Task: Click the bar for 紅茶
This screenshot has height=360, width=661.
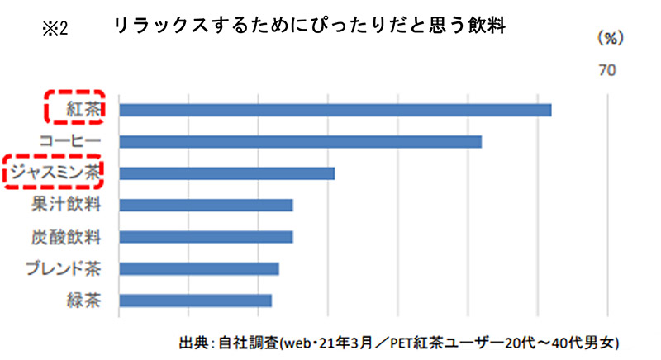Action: pyautogui.click(x=335, y=110)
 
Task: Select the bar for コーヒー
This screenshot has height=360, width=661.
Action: pyautogui.click(x=300, y=141)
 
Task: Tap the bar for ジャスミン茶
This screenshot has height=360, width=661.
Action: pyautogui.click(x=226, y=173)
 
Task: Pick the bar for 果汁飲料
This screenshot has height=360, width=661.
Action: pyautogui.click(x=206, y=205)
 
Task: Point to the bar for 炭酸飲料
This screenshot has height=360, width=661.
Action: pyautogui.click(x=206, y=237)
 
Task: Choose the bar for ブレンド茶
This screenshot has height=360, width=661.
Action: pyautogui.click(x=199, y=268)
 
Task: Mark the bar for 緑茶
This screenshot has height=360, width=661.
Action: pyautogui.click(x=195, y=300)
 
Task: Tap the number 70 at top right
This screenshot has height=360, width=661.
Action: pyautogui.click(x=607, y=71)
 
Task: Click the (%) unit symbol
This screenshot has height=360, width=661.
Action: pyautogui.click(x=609, y=38)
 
